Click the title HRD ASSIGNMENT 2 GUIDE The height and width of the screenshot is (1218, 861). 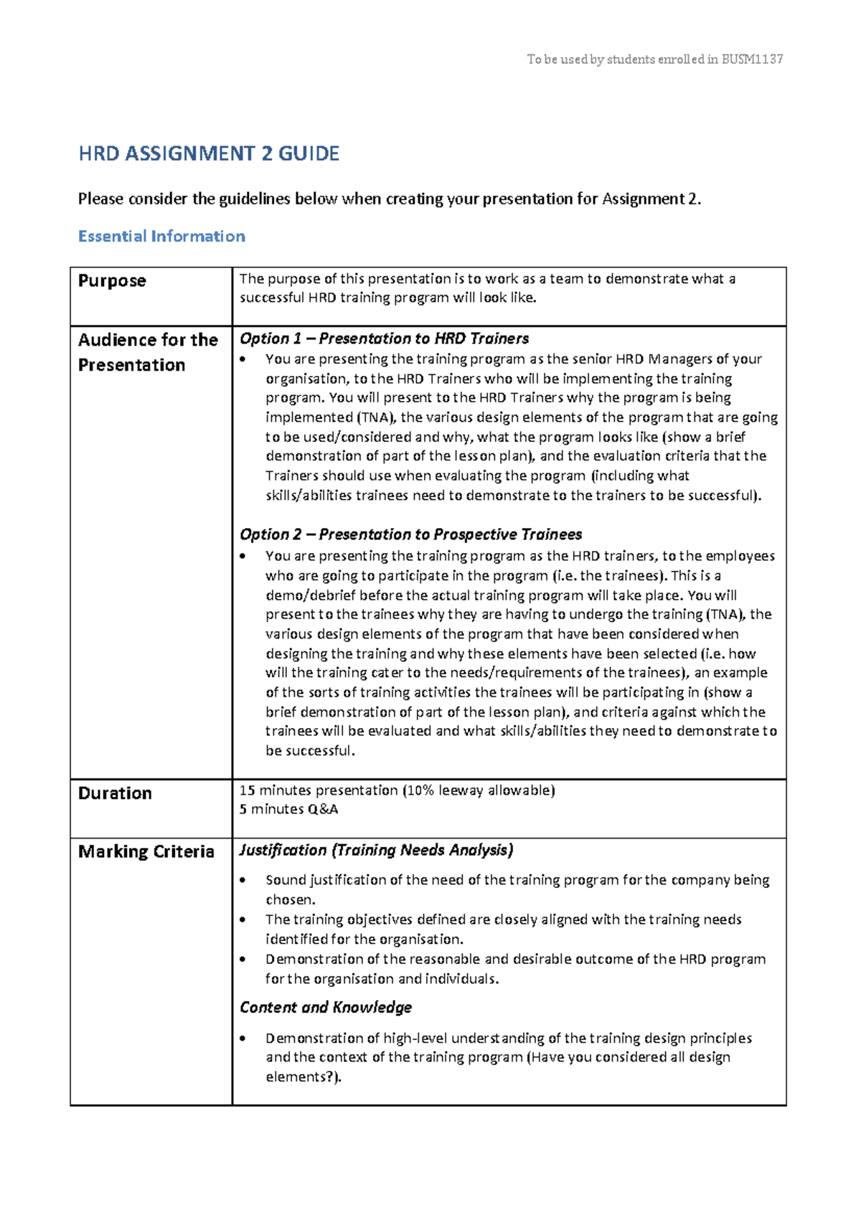point(208,154)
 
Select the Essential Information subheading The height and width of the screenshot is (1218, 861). point(161,236)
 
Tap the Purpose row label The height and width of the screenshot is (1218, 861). point(112,280)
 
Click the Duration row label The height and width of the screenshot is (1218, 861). point(115,793)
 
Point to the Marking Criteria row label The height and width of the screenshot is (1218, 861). point(146,851)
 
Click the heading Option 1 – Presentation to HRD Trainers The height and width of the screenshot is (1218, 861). point(384,339)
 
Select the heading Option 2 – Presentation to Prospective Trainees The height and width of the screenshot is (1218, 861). point(410,534)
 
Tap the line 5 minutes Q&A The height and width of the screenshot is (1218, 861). point(288,809)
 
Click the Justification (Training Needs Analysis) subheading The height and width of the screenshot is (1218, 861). point(376,850)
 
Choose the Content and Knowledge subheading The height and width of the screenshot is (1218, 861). point(326,1007)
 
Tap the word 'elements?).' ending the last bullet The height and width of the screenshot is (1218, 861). point(303,1077)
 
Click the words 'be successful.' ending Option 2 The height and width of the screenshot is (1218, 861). point(310,751)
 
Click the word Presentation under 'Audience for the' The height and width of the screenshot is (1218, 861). point(131,365)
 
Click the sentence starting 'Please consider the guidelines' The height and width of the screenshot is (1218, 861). point(389,199)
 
